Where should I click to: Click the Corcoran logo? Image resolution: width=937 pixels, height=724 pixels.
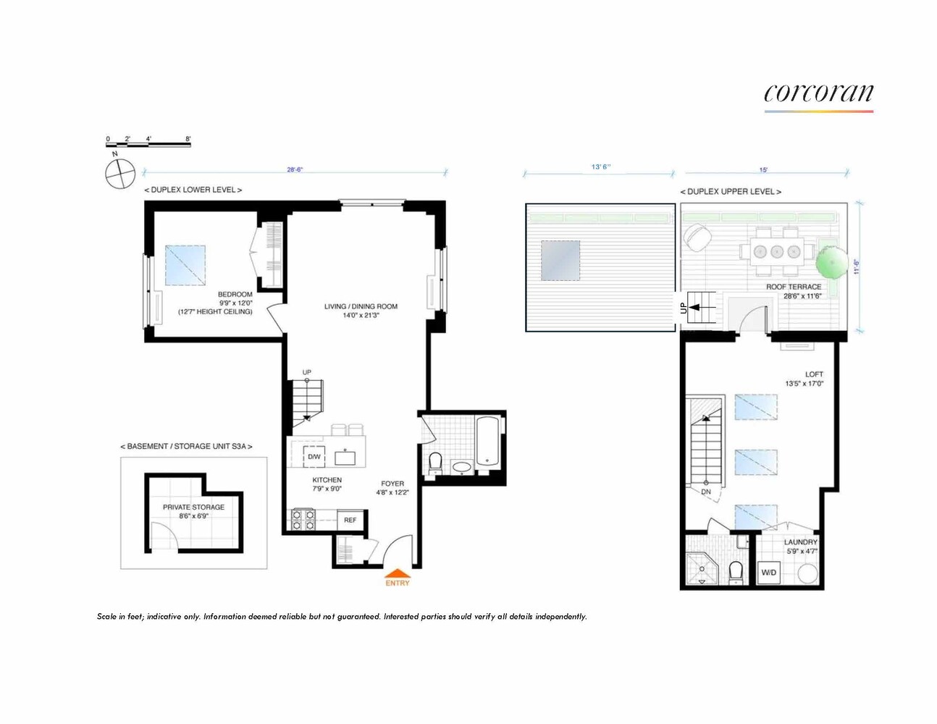pos(818,94)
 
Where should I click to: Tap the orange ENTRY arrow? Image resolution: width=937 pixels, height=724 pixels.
pos(397,574)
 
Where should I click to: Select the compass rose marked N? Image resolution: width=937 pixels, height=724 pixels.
pos(120,174)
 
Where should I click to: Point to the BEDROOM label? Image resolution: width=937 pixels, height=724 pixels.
pos(235,295)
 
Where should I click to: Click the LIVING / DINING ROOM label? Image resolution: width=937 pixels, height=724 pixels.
pos(361,306)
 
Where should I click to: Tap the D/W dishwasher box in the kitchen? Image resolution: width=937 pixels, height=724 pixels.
pos(314,457)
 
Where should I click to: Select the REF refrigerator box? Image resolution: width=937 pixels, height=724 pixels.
pos(350,520)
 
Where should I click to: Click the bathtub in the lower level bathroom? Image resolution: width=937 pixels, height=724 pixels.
pos(487,441)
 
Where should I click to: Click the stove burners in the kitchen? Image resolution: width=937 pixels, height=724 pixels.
pos(303,520)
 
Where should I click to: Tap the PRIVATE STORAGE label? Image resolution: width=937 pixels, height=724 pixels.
pos(193,507)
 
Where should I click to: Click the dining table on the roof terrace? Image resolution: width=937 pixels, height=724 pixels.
pos(776,252)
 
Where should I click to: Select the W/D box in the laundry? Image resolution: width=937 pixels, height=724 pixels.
pos(768,573)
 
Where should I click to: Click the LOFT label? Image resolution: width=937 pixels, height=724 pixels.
pos(813,374)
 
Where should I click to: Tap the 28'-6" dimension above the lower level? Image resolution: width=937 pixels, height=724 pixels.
pos(295,169)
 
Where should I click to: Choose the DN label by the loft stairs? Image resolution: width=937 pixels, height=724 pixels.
pos(705,492)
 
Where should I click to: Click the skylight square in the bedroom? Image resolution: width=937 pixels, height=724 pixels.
pos(185,265)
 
